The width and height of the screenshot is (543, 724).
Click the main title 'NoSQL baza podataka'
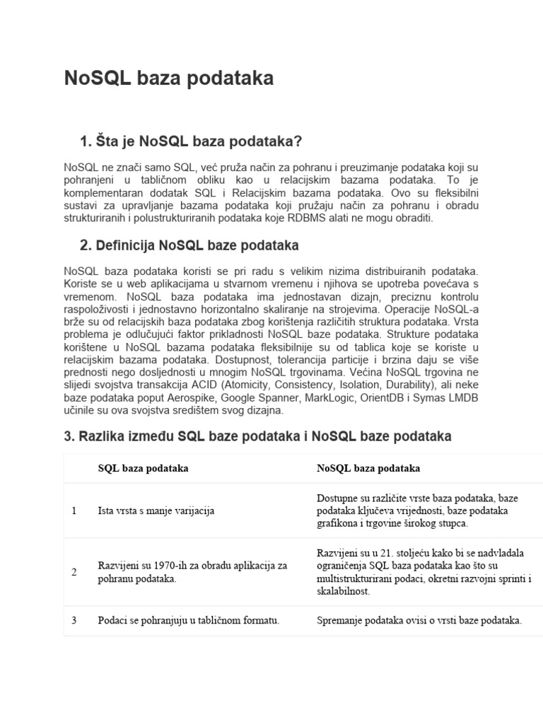click(x=168, y=78)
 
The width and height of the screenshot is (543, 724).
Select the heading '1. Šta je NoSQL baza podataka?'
click(x=191, y=141)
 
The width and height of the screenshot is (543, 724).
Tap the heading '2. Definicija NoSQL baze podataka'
click(x=189, y=246)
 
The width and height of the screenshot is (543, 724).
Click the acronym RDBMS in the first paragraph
click(x=326, y=218)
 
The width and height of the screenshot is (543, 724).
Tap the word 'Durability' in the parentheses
click(x=403, y=385)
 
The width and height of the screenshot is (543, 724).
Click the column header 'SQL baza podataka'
click(x=143, y=468)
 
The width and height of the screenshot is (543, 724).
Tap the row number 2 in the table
click(x=74, y=571)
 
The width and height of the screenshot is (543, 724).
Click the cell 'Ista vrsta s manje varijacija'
click(x=156, y=510)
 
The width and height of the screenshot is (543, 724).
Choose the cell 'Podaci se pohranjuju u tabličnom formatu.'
click(x=188, y=621)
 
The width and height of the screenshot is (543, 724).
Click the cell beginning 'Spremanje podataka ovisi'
click(x=419, y=621)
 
